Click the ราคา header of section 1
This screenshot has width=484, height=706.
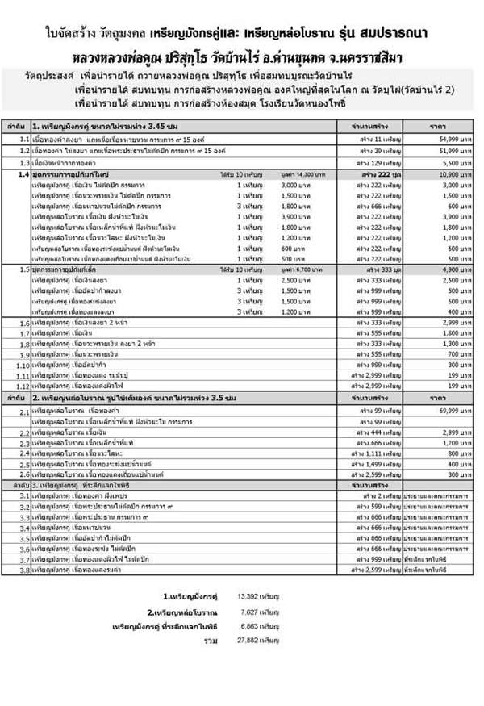pyautogui.click(x=438, y=127)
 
